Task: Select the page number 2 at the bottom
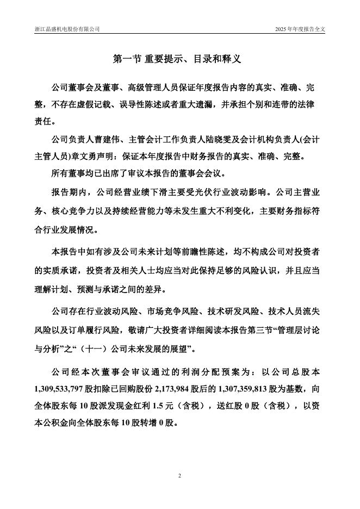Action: click(179, 476)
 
